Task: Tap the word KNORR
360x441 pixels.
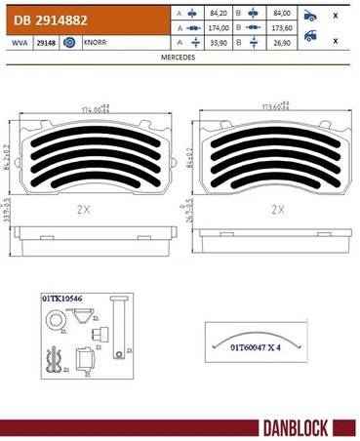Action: (x=95, y=44)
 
